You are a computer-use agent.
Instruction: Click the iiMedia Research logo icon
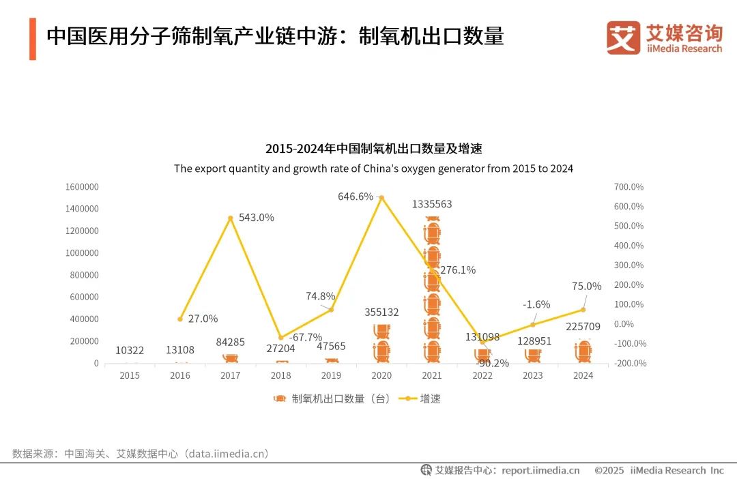(x=623, y=38)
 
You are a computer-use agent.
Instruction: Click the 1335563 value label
(x=432, y=204)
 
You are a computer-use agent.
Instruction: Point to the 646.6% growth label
(x=356, y=197)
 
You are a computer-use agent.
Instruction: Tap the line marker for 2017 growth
(x=231, y=218)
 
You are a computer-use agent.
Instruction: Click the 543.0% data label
(x=257, y=218)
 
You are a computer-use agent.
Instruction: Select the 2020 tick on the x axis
(x=381, y=375)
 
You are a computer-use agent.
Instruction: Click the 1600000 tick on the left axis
(x=82, y=187)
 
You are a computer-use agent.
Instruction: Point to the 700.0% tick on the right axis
(x=628, y=187)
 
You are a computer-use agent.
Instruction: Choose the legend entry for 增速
(x=423, y=398)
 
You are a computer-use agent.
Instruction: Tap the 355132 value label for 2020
(x=381, y=312)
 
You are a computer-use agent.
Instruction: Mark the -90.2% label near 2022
(x=492, y=363)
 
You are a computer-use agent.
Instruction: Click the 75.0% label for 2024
(x=587, y=287)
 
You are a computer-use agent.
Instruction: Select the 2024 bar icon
(x=583, y=351)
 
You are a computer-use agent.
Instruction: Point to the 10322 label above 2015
(x=130, y=350)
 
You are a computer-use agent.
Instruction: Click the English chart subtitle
(x=373, y=169)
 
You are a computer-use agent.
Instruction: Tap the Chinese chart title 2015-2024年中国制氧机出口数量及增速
(x=373, y=149)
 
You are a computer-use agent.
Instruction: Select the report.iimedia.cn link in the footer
(x=540, y=470)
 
